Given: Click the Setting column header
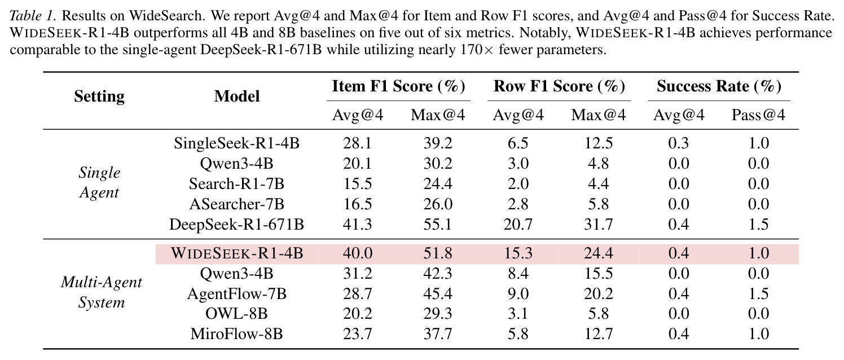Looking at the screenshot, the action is tap(99, 96).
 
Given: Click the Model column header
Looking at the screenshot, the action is tap(237, 96).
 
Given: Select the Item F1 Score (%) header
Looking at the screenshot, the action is tap(399, 86).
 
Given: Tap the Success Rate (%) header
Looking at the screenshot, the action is tap(719, 86).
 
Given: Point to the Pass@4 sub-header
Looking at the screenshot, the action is tap(758, 115).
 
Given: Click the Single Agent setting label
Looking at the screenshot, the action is tap(99, 183).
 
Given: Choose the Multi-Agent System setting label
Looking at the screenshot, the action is tap(102, 292).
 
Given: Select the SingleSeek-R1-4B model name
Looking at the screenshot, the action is tap(236, 143).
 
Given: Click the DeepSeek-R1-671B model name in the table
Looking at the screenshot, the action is tap(236, 224).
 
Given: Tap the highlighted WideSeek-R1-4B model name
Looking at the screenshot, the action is tap(237, 253).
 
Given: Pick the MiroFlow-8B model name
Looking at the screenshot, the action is tap(236, 334).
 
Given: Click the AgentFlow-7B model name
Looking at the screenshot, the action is tap(236, 293).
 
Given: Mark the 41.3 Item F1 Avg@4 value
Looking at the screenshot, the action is tap(357, 224).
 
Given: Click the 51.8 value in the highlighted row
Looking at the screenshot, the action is tap(437, 253).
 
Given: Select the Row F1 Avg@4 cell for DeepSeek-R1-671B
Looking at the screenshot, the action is tap(518, 224).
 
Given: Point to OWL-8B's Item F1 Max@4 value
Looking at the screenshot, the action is tap(437, 314).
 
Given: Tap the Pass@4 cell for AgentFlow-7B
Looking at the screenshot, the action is tap(758, 293).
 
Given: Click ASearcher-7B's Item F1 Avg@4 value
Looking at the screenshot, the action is tap(357, 204).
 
